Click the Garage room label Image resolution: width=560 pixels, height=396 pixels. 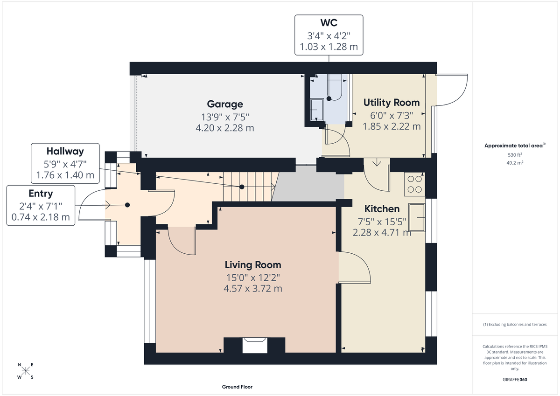pyautogui.click(x=225, y=104)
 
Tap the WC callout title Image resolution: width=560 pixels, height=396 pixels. pyautogui.click(x=329, y=23)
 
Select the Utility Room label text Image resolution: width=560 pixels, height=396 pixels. pyautogui.click(x=391, y=102)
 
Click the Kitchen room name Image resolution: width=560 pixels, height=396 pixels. pyautogui.click(x=382, y=208)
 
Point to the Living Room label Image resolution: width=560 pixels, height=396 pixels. pyautogui.click(x=252, y=265)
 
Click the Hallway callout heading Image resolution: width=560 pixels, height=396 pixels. pyautogui.click(x=65, y=151)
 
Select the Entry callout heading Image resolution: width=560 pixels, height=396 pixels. pyautogui.click(x=41, y=193)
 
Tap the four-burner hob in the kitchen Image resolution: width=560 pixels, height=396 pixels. pyautogui.click(x=414, y=183)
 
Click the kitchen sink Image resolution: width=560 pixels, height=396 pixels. pyautogui.click(x=417, y=217)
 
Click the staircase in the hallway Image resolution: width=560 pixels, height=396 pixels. pyautogui.click(x=250, y=187)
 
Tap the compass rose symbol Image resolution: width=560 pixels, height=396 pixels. pyautogui.click(x=25, y=371)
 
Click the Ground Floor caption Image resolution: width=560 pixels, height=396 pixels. pyautogui.click(x=237, y=387)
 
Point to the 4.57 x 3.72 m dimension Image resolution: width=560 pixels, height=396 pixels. pyautogui.click(x=252, y=288)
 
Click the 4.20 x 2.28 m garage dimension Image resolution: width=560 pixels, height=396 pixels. pyautogui.click(x=225, y=127)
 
